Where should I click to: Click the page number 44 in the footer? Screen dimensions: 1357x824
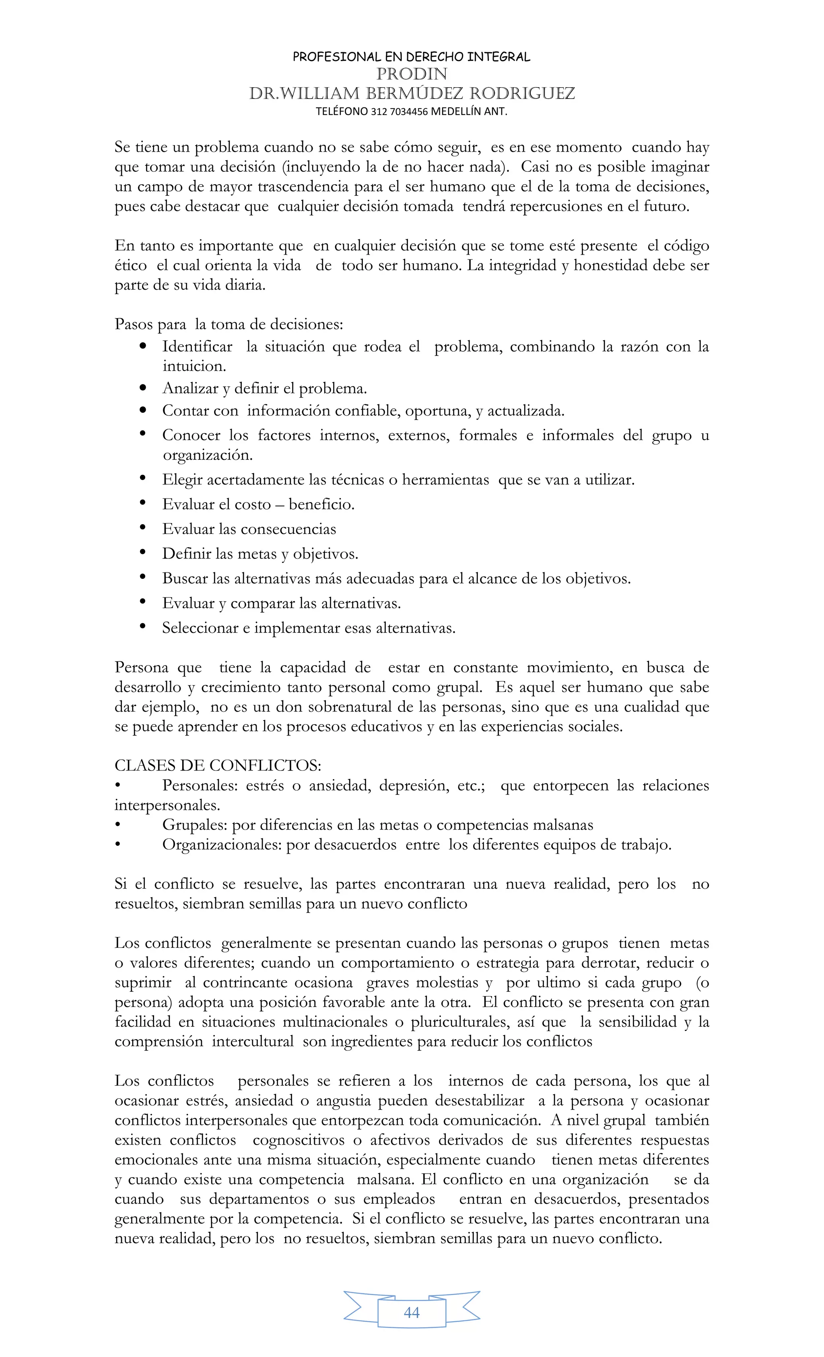[412, 1313]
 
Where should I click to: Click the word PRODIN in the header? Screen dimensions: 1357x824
[412, 74]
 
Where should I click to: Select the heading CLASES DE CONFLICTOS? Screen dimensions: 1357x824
[218, 766]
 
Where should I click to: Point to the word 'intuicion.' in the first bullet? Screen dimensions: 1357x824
[194, 366]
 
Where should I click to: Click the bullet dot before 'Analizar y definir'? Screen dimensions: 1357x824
[143, 388]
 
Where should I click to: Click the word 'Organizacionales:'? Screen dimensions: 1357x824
[222, 844]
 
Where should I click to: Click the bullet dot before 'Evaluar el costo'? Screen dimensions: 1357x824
[143, 503]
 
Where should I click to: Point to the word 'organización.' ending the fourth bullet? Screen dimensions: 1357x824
[208, 455]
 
